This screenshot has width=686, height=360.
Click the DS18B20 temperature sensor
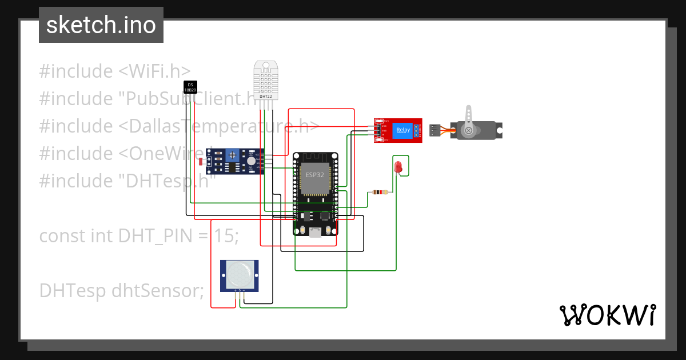tap(190, 87)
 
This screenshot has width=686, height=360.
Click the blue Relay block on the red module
tap(403, 130)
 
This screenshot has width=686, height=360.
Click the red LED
tap(398, 166)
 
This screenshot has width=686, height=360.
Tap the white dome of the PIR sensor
tap(239, 274)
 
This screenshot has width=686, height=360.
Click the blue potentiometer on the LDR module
tap(232, 155)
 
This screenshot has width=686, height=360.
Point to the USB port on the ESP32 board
tap(315, 231)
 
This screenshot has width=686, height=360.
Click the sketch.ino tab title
tap(101, 25)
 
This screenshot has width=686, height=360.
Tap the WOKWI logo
tap(607, 315)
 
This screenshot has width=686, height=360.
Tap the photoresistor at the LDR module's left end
tap(201, 162)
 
